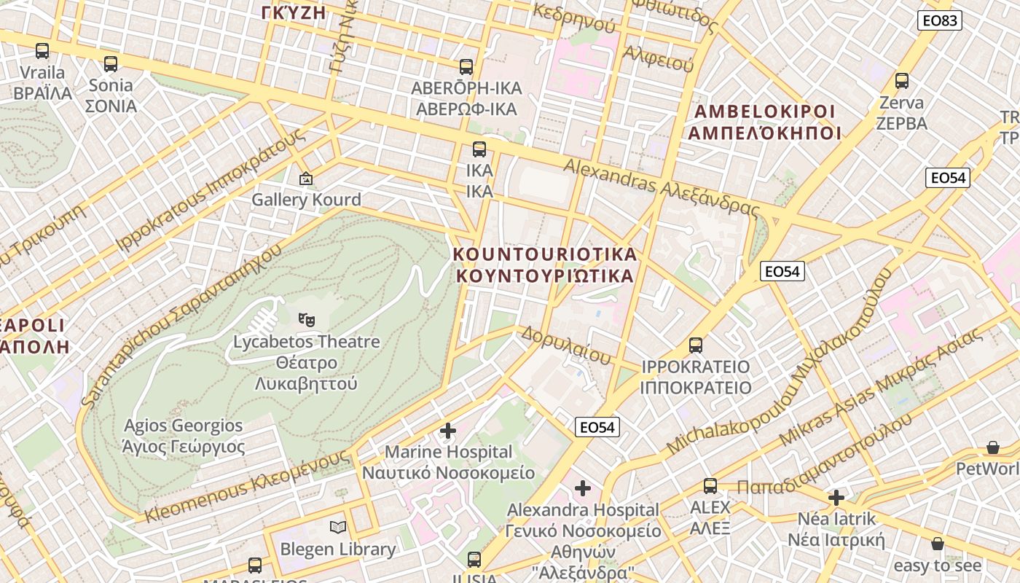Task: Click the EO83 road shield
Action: (x=940, y=20)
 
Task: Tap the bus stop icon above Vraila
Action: (x=42, y=51)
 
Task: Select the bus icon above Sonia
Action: (x=111, y=64)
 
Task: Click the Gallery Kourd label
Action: (x=306, y=200)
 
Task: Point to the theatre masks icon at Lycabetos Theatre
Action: (x=307, y=319)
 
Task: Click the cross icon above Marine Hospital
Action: (x=448, y=431)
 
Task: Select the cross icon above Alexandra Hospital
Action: (x=583, y=488)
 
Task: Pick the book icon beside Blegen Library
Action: (x=338, y=527)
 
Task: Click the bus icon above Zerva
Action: (x=902, y=81)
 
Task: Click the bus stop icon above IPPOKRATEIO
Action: (x=696, y=345)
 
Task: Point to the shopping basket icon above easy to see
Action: (x=938, y=544)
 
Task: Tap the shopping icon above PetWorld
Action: (x=992, y=447)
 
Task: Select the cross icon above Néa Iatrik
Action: (x=836, y=498)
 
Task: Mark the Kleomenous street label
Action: (x=248, y=486)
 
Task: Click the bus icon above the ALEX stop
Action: (x=710, y=485)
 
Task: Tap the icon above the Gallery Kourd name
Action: (x=306, y=178)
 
